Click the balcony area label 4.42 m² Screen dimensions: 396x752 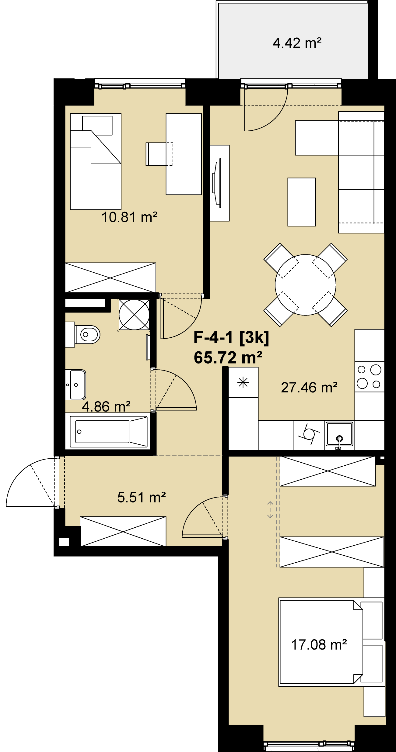[297, 43]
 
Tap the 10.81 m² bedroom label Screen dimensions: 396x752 [129, 217]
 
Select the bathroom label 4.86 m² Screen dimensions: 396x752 [106, 406]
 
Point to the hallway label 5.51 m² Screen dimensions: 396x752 [142, 497]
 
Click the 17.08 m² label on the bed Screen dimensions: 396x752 [319, 644]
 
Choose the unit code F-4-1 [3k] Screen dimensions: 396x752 [231, 337]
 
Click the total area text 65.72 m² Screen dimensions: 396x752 [228, 357]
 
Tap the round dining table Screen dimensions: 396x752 [306, 285]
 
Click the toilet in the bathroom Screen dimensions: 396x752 [83, 335]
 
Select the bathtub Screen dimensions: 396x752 [109, 431]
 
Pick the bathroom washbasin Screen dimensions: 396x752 [76, 385]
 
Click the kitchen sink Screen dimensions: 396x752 [339, 434]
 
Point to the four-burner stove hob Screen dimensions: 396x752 [369, 376]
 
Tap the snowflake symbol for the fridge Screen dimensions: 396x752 [243, 382]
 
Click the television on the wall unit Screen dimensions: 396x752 [217, 183]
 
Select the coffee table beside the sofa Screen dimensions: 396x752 [302, 202]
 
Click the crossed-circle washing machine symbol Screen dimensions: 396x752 [134, 315]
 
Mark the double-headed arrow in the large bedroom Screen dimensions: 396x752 [270, 510]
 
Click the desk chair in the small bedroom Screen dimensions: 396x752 [159, 154]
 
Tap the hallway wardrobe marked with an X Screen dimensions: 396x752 [123, 531]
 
